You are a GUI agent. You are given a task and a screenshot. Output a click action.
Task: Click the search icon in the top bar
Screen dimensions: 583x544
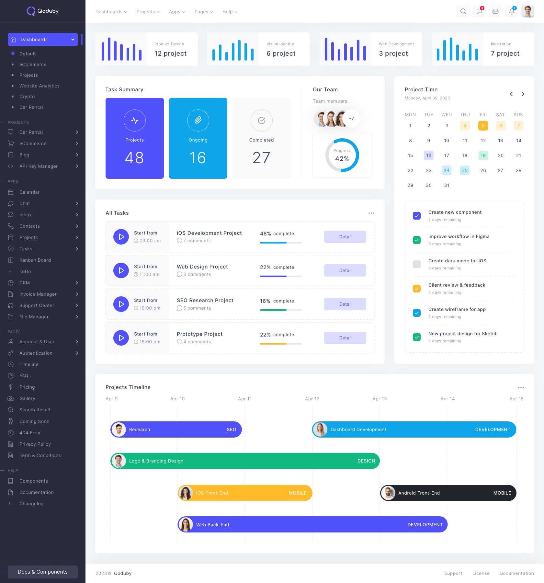(x=463, y=11)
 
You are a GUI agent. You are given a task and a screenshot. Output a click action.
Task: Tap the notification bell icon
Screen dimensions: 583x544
(x=512, y=11)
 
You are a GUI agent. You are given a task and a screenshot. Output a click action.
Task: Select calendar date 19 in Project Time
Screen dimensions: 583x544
(x=483, y=155)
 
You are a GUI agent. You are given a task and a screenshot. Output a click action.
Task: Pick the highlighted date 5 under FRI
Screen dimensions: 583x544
(x=483, y=126)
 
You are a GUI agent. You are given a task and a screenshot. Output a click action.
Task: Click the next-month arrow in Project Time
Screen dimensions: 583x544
(x=523, y=94)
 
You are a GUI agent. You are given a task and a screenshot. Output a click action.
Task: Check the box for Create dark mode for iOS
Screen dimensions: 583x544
(x=417, y=264)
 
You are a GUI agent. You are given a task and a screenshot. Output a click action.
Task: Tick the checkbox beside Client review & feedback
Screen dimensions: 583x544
(x=417, y=289)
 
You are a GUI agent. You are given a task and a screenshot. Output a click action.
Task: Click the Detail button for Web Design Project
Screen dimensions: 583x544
(x=345, y=270)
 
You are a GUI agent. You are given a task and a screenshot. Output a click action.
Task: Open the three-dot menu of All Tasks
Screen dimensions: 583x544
(x=371, y=213)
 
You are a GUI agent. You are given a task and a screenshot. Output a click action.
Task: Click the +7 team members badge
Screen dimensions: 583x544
(x=351, y=119)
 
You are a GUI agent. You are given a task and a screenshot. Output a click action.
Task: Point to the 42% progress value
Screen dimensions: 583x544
(x=342, y=159)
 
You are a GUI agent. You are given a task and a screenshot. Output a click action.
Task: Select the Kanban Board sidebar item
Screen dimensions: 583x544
(x=35, y=260)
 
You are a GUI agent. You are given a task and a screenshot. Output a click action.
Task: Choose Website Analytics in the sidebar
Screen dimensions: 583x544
(x=39, y=86)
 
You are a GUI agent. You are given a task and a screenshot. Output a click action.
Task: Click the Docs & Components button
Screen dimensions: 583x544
(x=43, y=572)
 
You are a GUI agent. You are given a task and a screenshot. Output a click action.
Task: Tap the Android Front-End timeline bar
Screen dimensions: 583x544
(x=448, y=493)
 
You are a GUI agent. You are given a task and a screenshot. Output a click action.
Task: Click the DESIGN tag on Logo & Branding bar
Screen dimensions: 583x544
(x=366, y=461)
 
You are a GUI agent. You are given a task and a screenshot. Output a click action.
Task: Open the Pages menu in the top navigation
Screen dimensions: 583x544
(x=203, y=12)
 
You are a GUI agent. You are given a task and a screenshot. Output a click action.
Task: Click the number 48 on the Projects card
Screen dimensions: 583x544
(x=134, y=158)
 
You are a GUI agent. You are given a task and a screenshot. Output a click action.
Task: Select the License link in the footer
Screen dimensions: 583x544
(x=481, y=573)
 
